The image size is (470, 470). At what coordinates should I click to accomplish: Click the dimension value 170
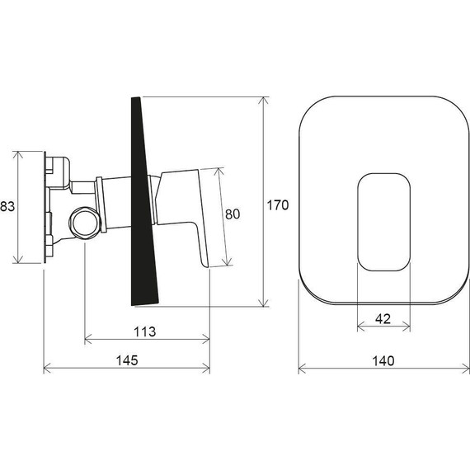tap(278, 204)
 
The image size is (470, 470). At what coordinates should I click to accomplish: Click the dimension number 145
tap(125, 360)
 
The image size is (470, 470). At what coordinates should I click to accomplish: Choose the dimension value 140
tap(383, 360)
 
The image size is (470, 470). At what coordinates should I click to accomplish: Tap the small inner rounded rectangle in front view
tap(383, 220)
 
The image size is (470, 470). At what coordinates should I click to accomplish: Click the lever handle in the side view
tap(195, 214)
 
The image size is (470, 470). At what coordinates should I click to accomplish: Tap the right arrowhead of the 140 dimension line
tap(466, 369)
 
